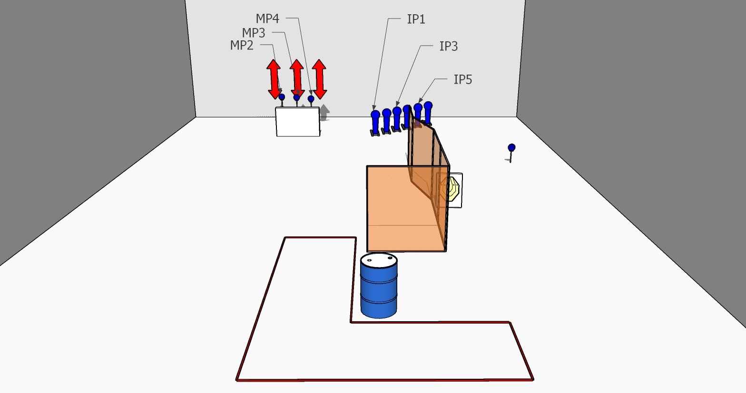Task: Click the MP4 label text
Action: [267, 19]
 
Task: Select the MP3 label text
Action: [254, 33]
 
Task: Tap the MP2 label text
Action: [242, 45]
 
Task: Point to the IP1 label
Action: [416, 19]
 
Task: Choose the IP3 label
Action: [448, 46]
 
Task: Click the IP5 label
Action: [462, 79]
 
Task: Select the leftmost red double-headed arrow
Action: [274, 79]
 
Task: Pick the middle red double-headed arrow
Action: [296, 77]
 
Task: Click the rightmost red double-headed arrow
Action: [319, 78]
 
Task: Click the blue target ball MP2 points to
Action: [282, 97]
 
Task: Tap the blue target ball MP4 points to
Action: [311, 99]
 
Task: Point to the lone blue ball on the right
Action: [511, 148]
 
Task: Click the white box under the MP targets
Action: [297, 122]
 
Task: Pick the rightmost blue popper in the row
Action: [428, 111]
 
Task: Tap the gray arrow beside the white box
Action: [324, 112]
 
